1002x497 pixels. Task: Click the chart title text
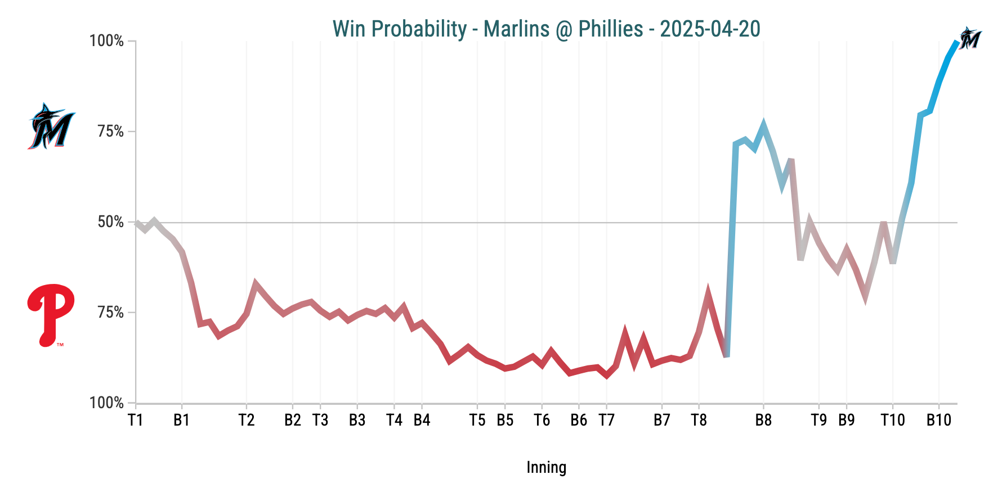(x=546, y=29)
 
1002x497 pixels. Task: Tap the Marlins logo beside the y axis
(x=51, y=126)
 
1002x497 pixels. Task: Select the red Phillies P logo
(x=51, y=314)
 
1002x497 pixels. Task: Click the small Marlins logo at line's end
(x=970, y=38)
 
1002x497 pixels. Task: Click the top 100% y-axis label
(x=107, y=41)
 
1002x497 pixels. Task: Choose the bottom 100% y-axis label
(x=107, y=403)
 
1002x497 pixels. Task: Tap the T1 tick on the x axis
(x=136, y=420)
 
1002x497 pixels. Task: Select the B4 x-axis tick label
(x=422, y=420)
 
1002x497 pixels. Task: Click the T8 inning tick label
(x=699, y=420)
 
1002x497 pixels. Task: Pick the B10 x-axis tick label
(x=938, y=420)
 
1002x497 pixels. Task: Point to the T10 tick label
(x=892, y=420)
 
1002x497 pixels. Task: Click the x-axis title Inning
(x=546, y=467)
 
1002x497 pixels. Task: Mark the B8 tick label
(x=763, y=420)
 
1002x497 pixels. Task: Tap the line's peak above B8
(x=763, y=125)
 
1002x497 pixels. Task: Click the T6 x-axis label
(x=542, y=420)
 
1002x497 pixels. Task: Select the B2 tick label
(x=292, y=420)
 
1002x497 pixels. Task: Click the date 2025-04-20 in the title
(x=710, y=29)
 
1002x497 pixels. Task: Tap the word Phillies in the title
(x=611, y=29)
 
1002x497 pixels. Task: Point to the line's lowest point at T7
(x=606, y=376)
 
